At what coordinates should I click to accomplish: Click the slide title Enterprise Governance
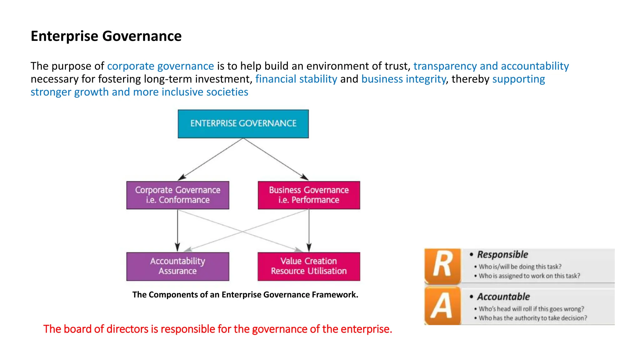(x=106, y=36)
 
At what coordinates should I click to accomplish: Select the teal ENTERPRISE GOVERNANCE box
(x=243, y=123)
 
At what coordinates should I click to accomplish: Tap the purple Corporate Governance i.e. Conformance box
(x=177, y=195)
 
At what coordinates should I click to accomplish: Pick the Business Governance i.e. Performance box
(x=309, y=195)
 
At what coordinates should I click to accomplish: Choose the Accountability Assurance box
(x=177, y=266)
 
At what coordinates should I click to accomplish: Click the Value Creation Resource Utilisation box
(x=309, y=266)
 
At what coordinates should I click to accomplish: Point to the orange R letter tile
(x=442, y=265)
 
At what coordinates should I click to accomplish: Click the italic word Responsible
(x=502, y=254)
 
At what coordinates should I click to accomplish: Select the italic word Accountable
(x=503, y=297)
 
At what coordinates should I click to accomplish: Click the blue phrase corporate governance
(x=160, y=66)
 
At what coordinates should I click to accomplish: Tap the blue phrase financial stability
(x=296, y=79)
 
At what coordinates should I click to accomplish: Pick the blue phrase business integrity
(x=403, y=79)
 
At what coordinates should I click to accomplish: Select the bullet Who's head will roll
(x=531, y=309)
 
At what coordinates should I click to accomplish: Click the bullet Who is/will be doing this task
(x=520, y=267)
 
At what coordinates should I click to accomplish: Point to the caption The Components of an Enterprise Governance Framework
(x=245, y=295)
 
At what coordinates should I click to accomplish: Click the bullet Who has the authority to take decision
(x=533, y=318)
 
